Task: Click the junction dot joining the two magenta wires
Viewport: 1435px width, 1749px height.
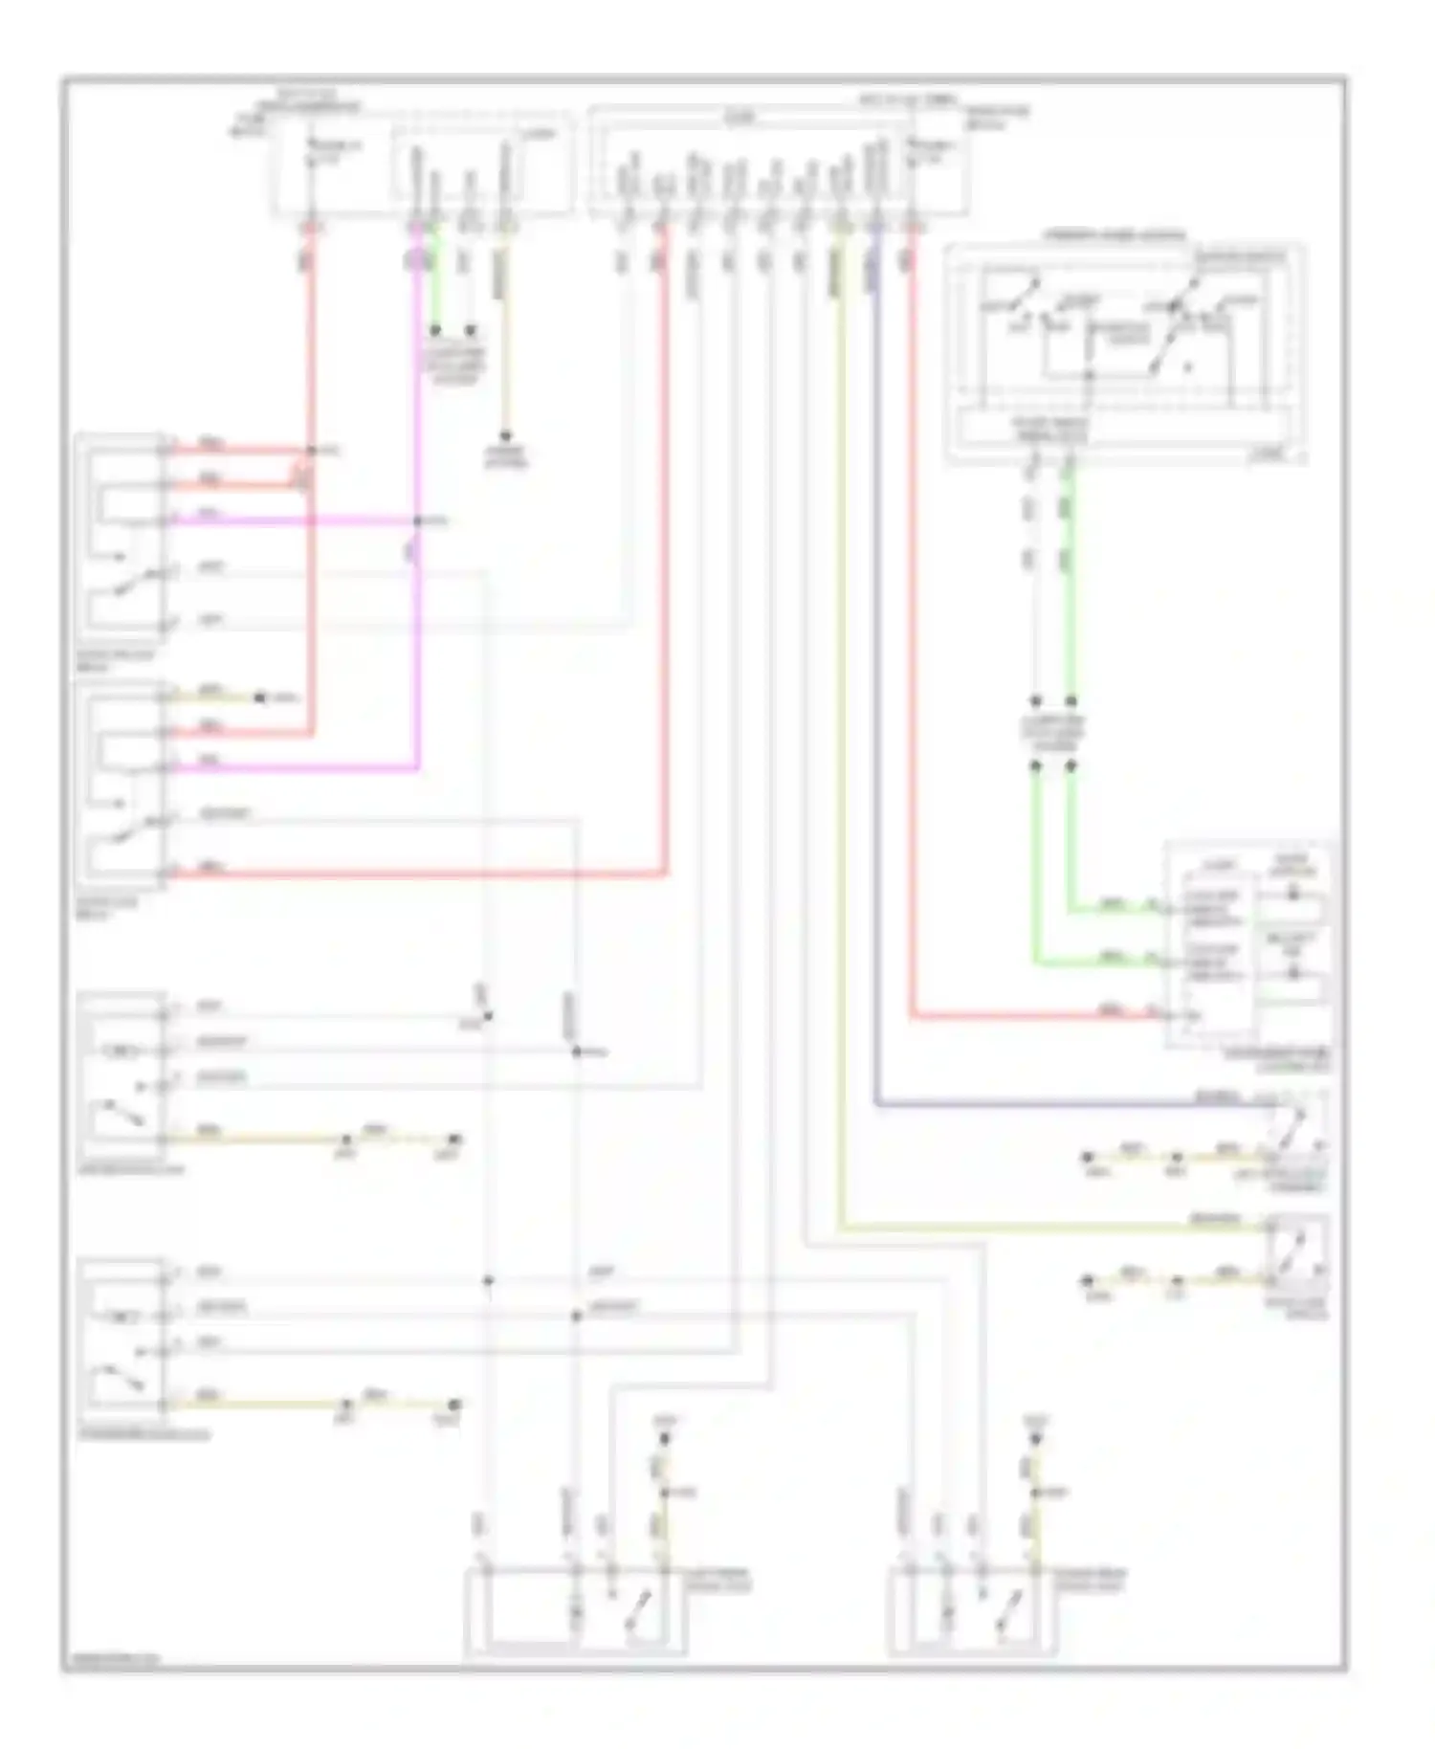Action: (417, 521)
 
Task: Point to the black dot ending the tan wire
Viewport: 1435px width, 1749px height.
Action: (506, 436)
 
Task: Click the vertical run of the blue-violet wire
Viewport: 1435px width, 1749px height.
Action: (874, 670)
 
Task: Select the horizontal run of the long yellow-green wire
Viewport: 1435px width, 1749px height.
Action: (1052, 1227)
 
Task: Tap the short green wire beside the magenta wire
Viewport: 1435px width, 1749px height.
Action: (435, 277)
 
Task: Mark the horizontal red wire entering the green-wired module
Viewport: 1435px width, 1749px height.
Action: (1033, 1016)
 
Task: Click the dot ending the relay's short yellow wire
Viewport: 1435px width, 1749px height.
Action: (259, 697)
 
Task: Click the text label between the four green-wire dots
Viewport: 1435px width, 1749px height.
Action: (1052, 734)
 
